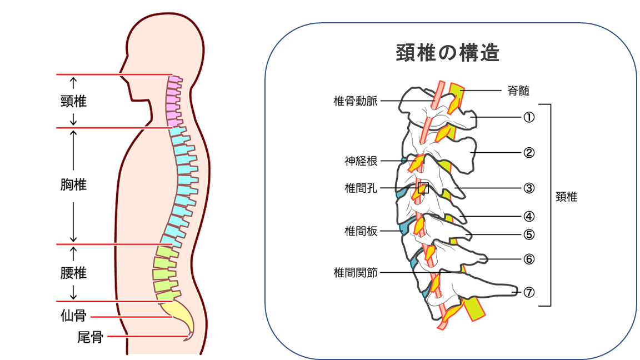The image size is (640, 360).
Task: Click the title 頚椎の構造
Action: coord(448,53)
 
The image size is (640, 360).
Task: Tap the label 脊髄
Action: coord(518,91)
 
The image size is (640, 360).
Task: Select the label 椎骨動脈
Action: coord(356,101)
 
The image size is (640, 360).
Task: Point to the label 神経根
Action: coord(361,161)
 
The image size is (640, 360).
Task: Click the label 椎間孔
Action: coord(361,188)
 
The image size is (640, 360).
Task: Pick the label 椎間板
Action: coord(361,231)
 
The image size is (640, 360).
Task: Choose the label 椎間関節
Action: coord(356,272)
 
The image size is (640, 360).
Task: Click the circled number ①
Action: coord(529,118)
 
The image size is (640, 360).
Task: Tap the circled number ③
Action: coord(529,188)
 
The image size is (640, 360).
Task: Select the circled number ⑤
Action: coord(529,234)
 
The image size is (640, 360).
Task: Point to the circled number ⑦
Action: coord(529,292)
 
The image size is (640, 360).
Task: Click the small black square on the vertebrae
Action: coord(423,188)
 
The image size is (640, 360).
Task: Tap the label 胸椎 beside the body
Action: coord(73,184)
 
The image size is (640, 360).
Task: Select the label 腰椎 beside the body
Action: coord(73,273)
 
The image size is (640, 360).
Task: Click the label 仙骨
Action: coord(73,316)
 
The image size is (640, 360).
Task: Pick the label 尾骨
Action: coord(90,337)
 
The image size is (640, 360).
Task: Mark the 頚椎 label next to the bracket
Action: coord(567,197)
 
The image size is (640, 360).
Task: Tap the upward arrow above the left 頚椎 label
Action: coord(73,83)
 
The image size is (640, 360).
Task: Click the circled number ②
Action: coord(529,153)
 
